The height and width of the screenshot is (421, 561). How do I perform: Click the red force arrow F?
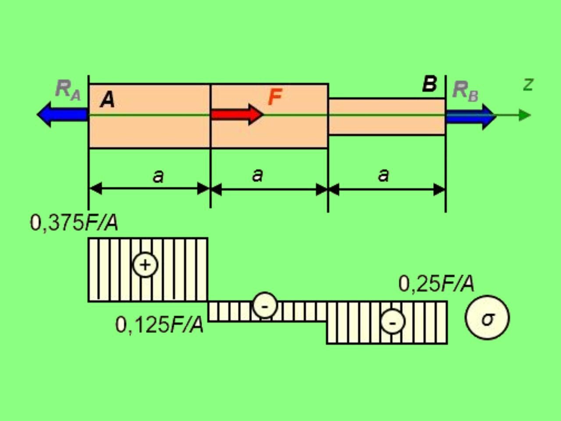coord(237,115)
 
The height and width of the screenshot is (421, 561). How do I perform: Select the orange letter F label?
coord(275,96)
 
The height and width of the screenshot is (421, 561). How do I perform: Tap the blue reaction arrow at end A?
coord(62,114)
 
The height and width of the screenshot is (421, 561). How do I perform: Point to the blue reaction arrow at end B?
coord(471,117)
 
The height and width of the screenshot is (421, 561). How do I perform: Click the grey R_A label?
coord(68,90)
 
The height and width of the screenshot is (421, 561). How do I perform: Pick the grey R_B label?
coord(465,92)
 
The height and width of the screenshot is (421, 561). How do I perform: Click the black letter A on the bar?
coord(107,100)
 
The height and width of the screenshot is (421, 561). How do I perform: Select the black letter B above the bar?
coord(430,84)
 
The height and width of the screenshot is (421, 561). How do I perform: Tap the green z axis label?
coord(528,85)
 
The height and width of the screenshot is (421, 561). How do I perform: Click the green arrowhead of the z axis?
coord(525,115)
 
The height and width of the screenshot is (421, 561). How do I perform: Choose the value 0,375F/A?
coord(74,223)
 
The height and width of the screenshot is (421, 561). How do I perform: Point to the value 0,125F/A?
coord(160,325)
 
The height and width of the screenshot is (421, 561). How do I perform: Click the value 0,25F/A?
coord(436,284)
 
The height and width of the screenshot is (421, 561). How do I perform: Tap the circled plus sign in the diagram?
coord(145,265)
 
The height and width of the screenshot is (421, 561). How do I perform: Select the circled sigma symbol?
coord(487,318)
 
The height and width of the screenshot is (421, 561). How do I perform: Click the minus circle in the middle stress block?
coord(265,305)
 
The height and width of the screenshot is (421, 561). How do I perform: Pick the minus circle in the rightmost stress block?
coord(393,321)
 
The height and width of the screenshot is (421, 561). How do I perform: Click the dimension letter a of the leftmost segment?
coord(158,176)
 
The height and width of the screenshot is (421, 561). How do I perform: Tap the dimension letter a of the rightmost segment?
coord(383,175)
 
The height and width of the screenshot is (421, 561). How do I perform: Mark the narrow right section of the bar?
coord(387,116)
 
